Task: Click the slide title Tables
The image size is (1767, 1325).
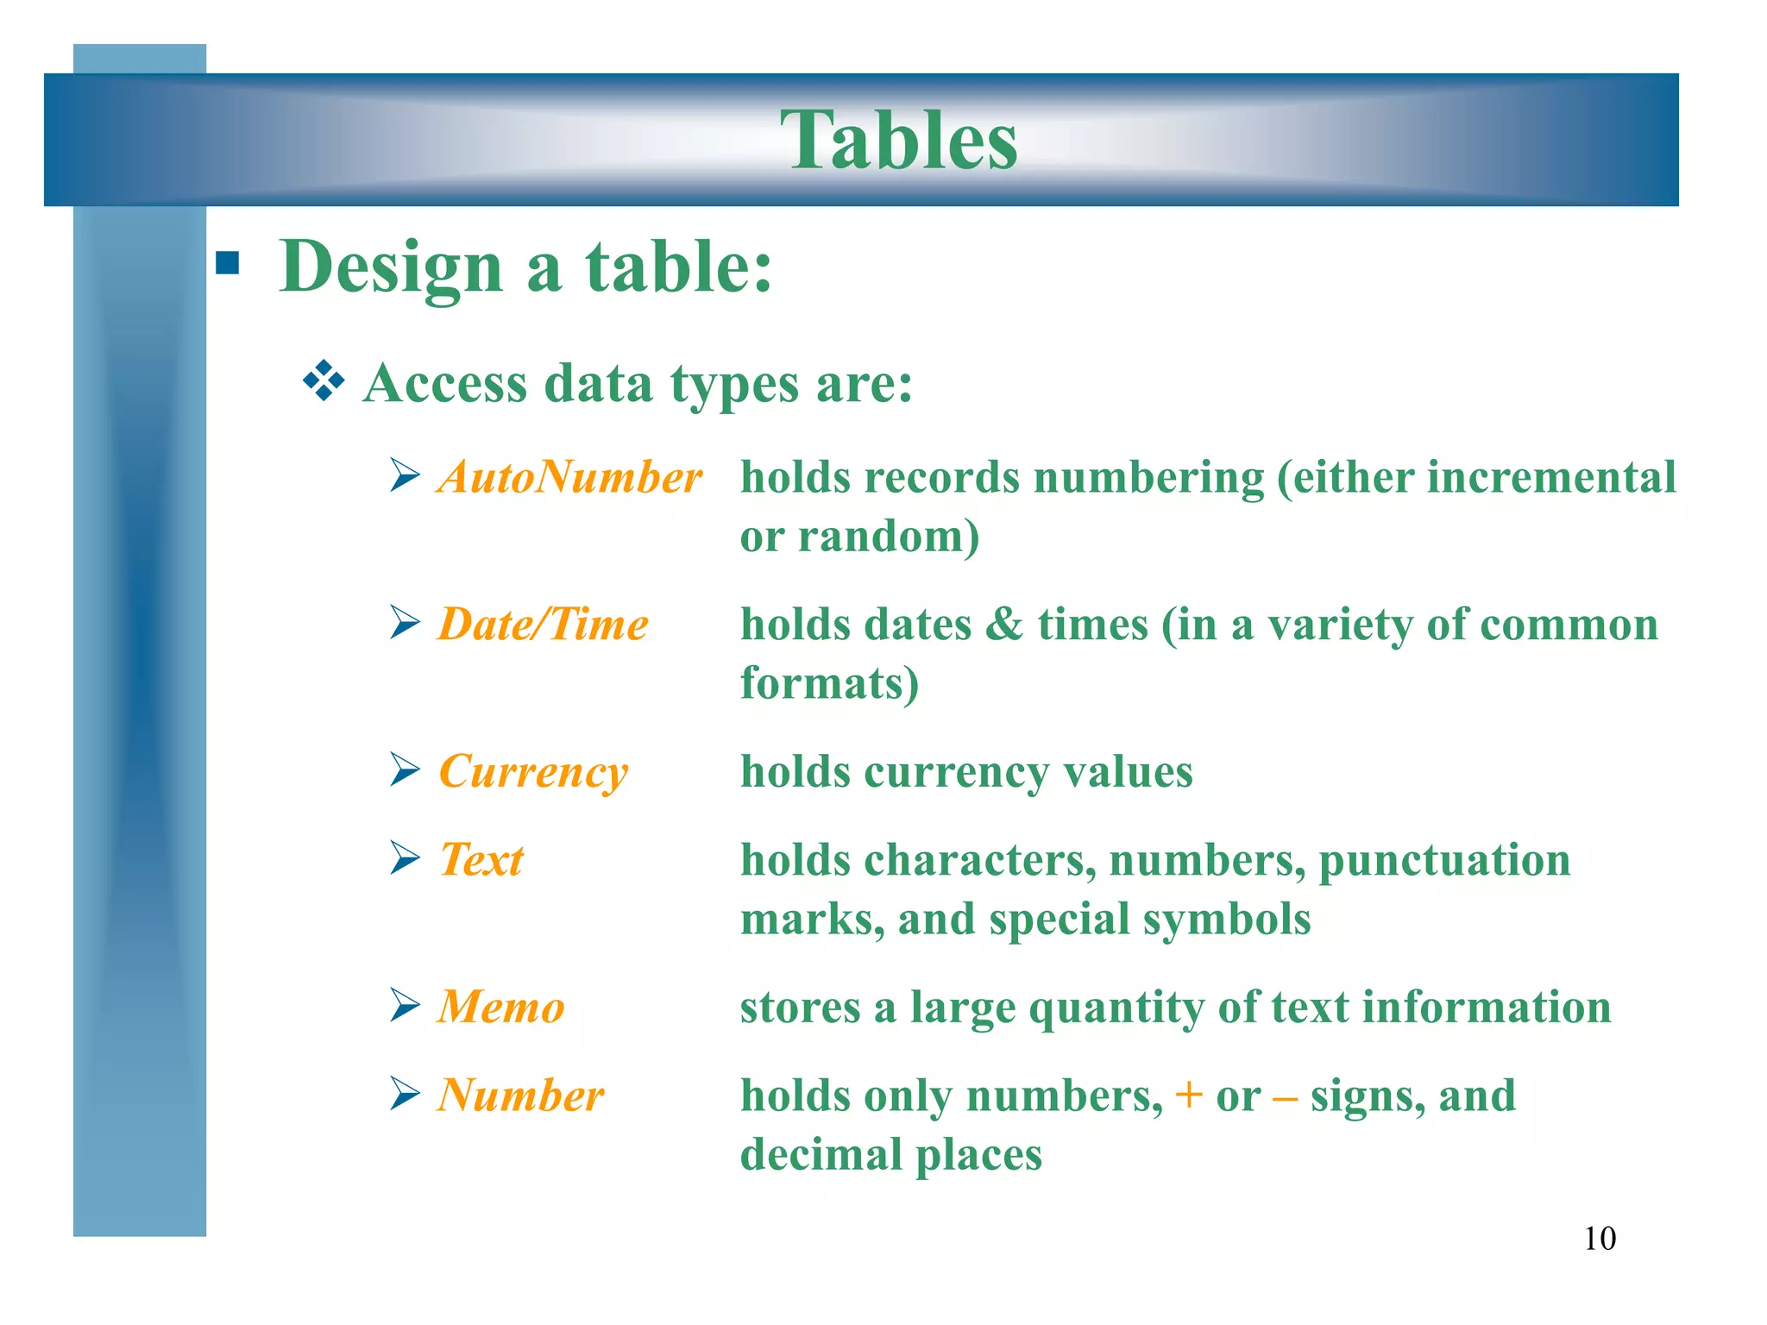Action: point(898,140)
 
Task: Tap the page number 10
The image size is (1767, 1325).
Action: point(1599,1238)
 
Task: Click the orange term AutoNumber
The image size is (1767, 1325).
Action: point(569,477)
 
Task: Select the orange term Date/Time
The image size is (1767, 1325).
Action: point(543,624)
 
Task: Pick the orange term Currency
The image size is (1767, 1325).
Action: point(533,771)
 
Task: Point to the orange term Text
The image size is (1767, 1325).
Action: point(481,859)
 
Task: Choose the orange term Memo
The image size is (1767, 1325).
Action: point(500,1007)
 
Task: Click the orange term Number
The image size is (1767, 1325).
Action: point(520,1095)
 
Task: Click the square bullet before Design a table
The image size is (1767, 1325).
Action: point(228,262)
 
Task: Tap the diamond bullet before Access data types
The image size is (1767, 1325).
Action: point(324,380)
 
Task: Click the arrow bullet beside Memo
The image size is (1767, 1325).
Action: point(405,1005)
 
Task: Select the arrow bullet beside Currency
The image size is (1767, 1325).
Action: point(405,769)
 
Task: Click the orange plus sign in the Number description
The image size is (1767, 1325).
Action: point(1188,1095)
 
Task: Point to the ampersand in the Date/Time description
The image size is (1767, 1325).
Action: point(1003,624)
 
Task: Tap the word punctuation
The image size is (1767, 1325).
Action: point(1444,861)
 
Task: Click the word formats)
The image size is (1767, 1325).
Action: point(829,683)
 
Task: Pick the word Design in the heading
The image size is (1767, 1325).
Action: point(391,267)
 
